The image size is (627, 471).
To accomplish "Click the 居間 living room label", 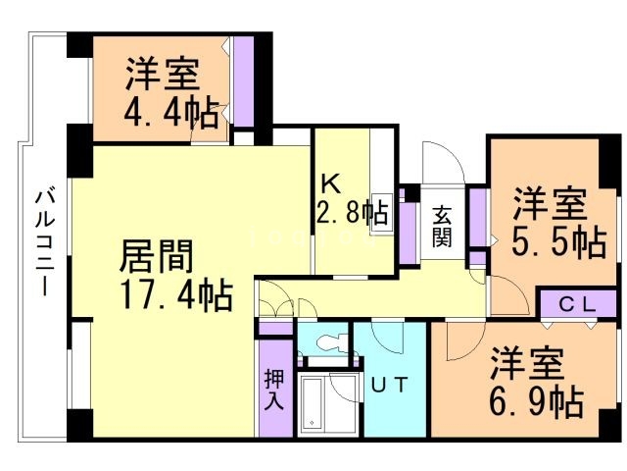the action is pyautogui.click(x=157, y=256).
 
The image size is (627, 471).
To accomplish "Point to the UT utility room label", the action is pyautogui.click(x=390, y=385).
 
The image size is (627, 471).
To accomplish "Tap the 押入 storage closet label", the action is pyautogui.click(x=274, y=390).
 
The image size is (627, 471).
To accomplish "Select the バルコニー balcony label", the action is pyautogui.click(x=45, y=243).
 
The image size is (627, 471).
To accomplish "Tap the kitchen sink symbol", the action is pyautogui.click(x=381, y=212).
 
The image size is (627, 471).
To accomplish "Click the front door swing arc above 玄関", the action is pyautogui.click(x=444, y=162).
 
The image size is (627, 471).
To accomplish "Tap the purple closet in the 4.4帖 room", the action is pyautogui.click(x=244, y=81).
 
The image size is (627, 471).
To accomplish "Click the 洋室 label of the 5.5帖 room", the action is pyautogui.click(x=550, y=203).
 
